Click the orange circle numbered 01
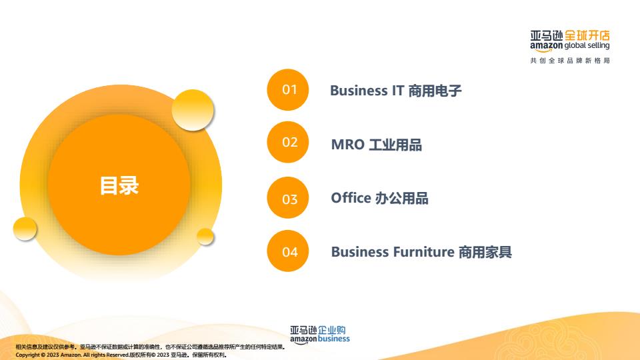coord(288,90)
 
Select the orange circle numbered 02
coord(288,142)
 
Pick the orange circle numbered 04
coord(288,251)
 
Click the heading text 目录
coord(119,185)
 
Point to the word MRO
coord(348,145)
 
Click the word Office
coord(351,198)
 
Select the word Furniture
coord(424,252)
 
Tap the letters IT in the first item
coord(398,91)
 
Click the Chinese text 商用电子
coord(435,91)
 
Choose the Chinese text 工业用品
coord(395,145)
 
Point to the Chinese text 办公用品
coord(401,198)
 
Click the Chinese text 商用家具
coord(485,252)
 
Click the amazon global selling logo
coord(570,41)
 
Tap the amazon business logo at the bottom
coord(319,335)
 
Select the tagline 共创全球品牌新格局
coord(570,61)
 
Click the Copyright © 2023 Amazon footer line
coord(121,355)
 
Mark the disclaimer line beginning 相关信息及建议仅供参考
coord(150,347)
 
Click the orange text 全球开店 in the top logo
coord(587,35)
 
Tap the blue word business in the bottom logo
coord(334,339)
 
